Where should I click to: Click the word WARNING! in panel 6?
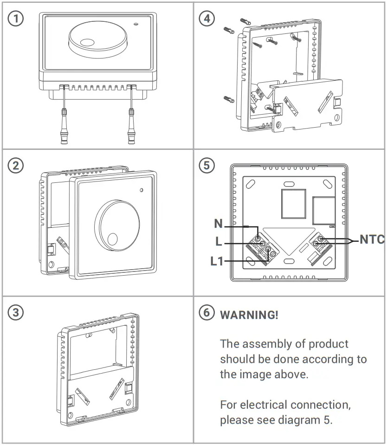[249, 315]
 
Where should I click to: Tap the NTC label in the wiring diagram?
[372, 239]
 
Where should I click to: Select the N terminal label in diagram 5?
[218, 224]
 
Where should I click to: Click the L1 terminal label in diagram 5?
[217, 261]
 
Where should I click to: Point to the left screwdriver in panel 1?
[64, 120]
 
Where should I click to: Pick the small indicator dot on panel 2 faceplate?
[141, 190]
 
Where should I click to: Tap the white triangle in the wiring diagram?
[288, 239]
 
